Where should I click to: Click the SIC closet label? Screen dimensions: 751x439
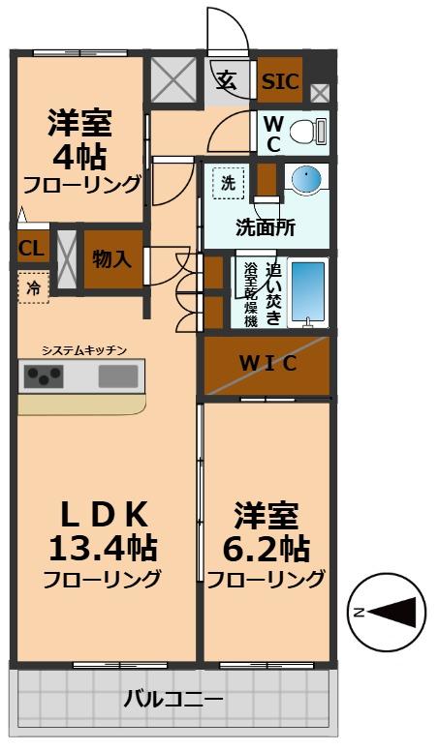point(281,81)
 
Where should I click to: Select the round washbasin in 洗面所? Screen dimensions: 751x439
point(306,180)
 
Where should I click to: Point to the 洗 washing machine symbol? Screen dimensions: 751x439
point(228,181)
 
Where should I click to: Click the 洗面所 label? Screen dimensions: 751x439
point(265,228)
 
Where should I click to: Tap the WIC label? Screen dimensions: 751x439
point(267,364)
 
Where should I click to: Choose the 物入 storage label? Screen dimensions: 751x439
point(111,259)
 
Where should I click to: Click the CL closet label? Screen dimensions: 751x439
point(31,249)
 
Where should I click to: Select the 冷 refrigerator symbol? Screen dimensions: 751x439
point(33,288)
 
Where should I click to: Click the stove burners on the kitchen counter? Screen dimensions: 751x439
point(44,375)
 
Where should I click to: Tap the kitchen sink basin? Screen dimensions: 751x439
point(118,376)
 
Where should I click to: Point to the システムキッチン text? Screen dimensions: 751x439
point(84,349)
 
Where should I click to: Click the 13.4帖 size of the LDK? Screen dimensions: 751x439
point(103,548)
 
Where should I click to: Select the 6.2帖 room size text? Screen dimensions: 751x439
point(266,548)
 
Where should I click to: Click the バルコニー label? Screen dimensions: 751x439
point(173,699)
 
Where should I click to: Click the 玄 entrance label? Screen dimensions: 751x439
point(226,80)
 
